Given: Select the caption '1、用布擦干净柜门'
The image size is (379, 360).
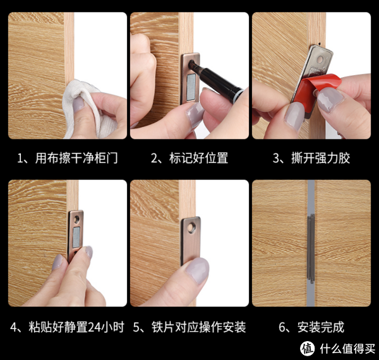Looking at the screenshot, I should (x=68, y=158).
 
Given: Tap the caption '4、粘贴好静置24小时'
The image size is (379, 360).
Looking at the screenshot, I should (x=68, y=327).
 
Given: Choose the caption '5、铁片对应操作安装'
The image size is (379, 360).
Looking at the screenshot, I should (x=189, y=327).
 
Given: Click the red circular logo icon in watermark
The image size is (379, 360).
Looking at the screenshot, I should (x=308, y=348).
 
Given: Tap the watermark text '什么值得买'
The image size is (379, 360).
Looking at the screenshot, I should (x=344, y=348).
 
